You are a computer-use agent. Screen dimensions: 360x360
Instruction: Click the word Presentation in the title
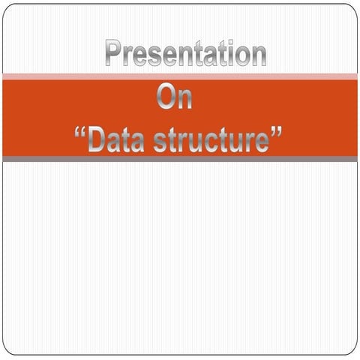point(185,55)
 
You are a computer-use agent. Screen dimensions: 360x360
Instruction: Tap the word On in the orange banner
point(175,98)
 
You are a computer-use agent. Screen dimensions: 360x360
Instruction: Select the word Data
point(120,141)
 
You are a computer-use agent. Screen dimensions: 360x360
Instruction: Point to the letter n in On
point(184,100)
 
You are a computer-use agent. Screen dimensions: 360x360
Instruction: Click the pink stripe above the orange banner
point(180,76)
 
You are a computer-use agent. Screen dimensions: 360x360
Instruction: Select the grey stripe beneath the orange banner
point(180,159)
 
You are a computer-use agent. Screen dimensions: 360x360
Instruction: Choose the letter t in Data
point(126,141)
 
